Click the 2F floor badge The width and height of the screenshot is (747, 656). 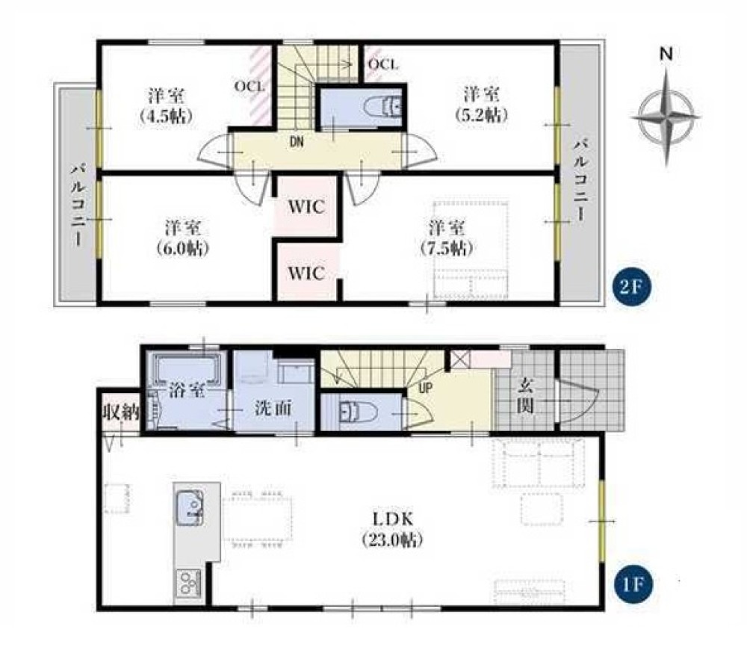coord(631,287)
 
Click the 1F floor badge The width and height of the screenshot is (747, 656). coord(632,584)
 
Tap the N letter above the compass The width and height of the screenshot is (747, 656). coord(666,55)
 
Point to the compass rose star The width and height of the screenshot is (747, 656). coord(669,116)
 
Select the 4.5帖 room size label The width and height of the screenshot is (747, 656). coord(167,116)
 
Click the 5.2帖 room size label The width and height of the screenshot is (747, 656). coord(481,115)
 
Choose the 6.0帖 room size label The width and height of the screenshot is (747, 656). coord(183,248)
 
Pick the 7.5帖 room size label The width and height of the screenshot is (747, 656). coord(447,248)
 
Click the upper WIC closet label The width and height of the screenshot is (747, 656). coord(306,207)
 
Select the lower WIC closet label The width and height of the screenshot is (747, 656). coord(306,273)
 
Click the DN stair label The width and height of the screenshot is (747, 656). coord(297,141)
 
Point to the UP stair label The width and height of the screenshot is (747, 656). coord(426,388)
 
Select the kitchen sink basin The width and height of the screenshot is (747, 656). coord(190,508)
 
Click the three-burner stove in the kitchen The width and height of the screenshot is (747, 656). coord(190,583)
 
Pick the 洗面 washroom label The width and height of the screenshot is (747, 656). coord(273,408)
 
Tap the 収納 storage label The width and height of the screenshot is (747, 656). coord(121,412)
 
